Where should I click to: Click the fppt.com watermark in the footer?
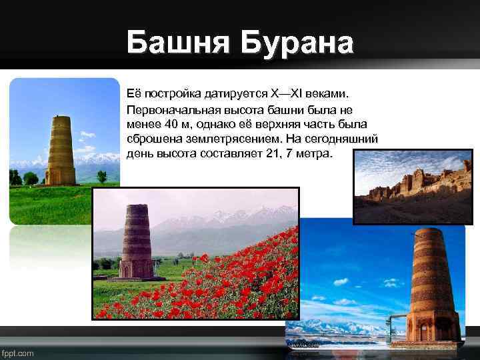[x=18, y=352]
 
